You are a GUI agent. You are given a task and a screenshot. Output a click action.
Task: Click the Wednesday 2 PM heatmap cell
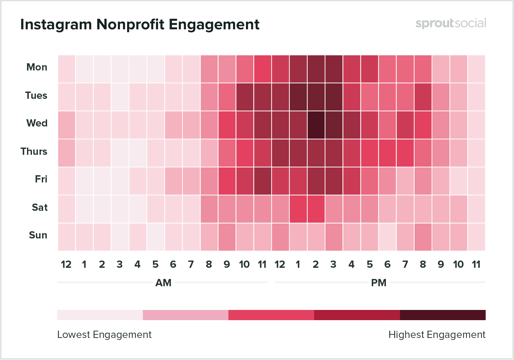(316, 125)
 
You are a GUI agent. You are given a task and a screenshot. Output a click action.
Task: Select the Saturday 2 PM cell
(316, 209)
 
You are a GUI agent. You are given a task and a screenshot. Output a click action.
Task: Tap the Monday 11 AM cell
(262, 69)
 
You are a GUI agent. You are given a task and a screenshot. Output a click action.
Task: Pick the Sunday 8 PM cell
(423, 237)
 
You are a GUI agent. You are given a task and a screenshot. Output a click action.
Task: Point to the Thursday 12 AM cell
(67, 153)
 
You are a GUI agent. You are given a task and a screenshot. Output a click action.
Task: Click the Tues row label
(36, 96)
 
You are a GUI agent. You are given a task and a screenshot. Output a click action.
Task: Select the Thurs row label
(34, 152)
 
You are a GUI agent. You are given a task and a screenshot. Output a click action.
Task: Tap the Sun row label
(38, 235)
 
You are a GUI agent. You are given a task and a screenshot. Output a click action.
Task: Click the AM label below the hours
(163, 283)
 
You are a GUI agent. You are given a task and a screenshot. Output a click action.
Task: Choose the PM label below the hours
(379, 283)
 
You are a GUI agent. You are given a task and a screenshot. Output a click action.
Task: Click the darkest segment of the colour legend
(443, 315)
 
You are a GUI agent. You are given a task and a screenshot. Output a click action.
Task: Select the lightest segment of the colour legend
(100, 315)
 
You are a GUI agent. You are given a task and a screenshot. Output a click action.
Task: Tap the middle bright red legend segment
(271, 315)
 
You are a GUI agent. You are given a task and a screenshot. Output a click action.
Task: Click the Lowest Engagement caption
(104, 335)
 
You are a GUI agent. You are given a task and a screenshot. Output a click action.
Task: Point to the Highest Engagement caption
(437, 335)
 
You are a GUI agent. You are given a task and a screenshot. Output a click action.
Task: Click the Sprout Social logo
(450, 23)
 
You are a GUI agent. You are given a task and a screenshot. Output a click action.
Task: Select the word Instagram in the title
(56, 24)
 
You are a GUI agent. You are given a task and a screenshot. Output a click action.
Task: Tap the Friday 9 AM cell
(227, 181)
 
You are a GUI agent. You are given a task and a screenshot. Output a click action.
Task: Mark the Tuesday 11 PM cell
(476, 97)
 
